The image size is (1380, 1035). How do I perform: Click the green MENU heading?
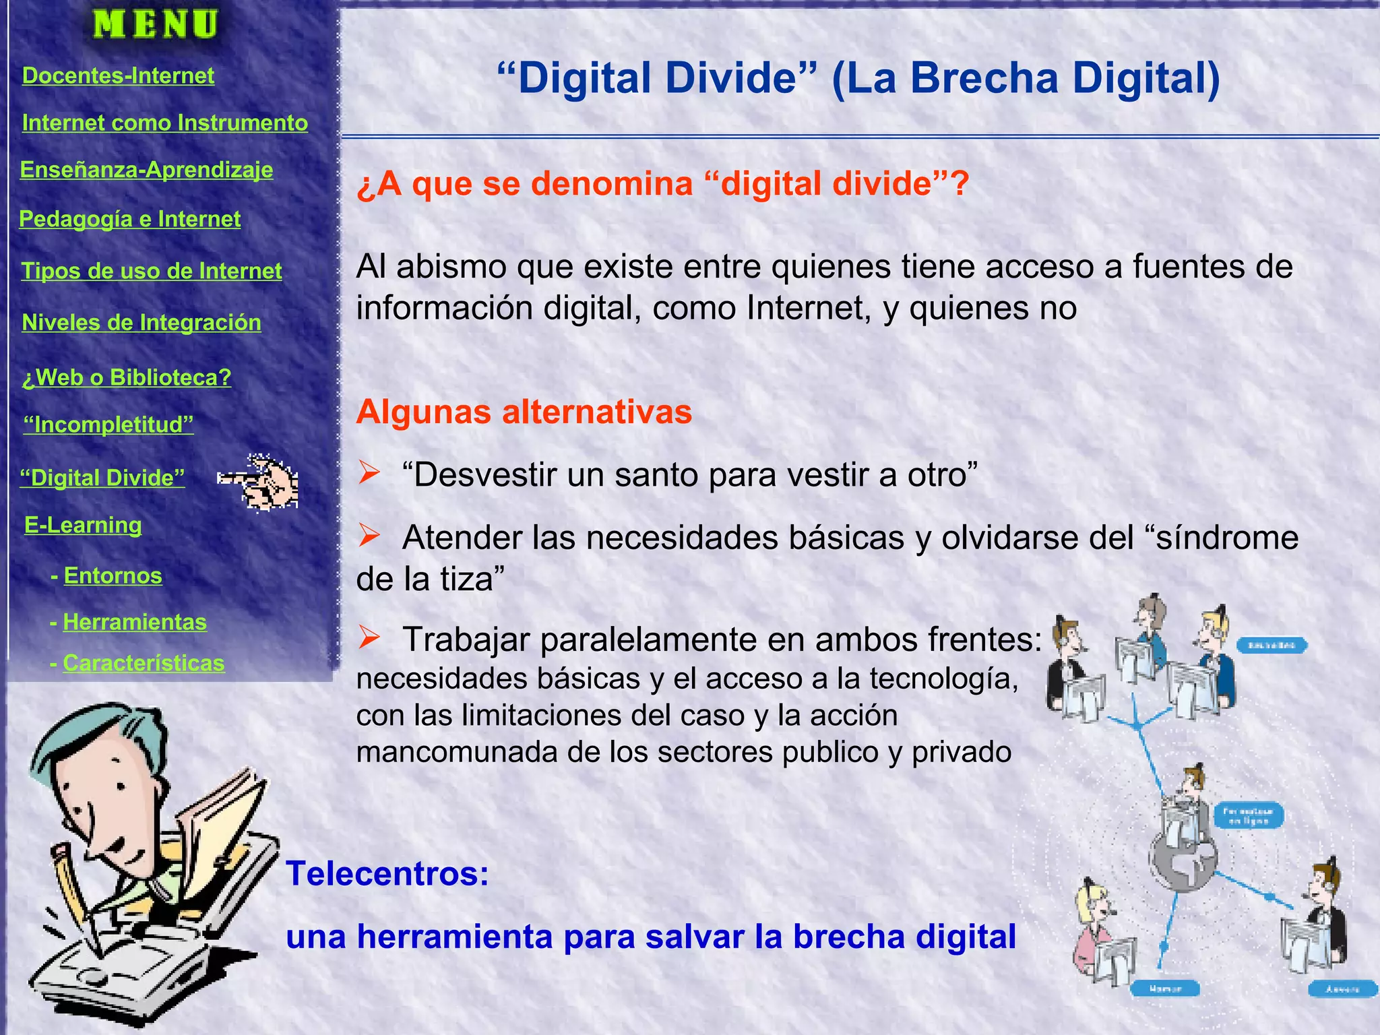[156, 25]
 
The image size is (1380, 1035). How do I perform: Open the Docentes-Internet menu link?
[118, 75]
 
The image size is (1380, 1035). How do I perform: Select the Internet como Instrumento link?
[164, 123]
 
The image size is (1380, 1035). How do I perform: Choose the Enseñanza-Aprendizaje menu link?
[146, 170]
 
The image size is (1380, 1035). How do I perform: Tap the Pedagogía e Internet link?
[129, 219]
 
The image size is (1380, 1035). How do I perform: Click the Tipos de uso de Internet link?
[152, 271]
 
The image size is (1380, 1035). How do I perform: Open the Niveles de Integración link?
[142, 323]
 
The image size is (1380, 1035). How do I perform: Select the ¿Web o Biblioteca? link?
[127, 377]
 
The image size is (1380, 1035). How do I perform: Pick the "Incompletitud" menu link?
[108, 425]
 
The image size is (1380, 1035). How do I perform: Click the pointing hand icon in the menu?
[259, 482]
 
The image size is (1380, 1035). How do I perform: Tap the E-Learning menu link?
[83, 525]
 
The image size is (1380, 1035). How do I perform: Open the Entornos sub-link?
[113, 576]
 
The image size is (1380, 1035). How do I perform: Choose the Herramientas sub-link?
[135, 622]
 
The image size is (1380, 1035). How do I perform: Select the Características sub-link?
[144, 663]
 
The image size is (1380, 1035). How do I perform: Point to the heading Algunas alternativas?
[524, 412]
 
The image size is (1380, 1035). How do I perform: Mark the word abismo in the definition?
[451, 267]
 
